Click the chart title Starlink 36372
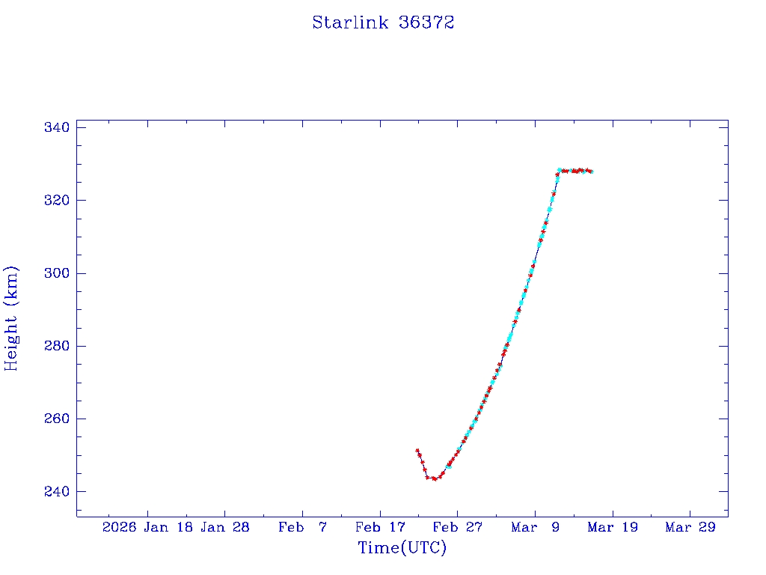click(383, 22)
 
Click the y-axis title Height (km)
click(11, 317)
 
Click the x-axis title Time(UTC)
click(402, 548)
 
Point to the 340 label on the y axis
click(57, 127)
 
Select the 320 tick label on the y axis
click(57, 200)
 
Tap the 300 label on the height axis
click(57, 273)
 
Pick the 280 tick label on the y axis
click(57, 346)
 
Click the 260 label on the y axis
click(57, 419)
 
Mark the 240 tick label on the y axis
click(57, 491)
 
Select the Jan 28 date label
click(225, 527)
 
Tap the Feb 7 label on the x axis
click(302, 527)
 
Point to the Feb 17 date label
click(379, 527)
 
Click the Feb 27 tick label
click(457, 527)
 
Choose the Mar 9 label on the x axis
click(535, 527)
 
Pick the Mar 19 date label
click(612, 527)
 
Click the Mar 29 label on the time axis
click(690, 527)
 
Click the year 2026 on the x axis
click(120, 527)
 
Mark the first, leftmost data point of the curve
click(417, 451)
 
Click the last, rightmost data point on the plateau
click(591, 171)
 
